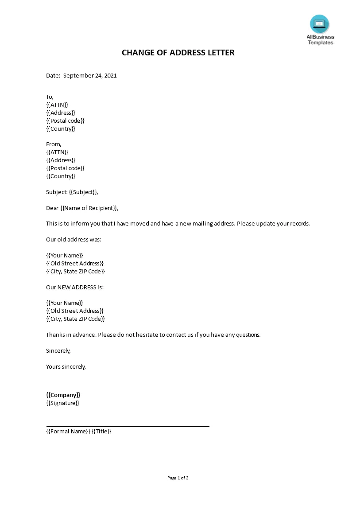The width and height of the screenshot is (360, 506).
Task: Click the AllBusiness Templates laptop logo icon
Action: click(x=319, y=24)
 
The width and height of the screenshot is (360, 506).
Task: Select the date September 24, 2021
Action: click(x=90, y=75)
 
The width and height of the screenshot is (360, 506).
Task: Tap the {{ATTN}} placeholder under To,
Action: click(x=57, y=105)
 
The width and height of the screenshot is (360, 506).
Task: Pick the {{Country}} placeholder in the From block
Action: click(x=61, y=176)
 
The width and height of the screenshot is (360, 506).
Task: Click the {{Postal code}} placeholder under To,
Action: click(x=65, y=121)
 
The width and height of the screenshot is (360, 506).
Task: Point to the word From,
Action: click(x=54, y=144)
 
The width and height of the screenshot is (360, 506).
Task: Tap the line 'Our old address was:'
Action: click(x=74, y=239)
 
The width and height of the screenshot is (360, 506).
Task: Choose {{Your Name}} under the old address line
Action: click(x=65, y=255)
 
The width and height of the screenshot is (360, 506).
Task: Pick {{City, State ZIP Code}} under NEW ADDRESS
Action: click(x=75, y=319)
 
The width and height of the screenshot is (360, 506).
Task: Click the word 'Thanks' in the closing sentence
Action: click(x=55, y=335)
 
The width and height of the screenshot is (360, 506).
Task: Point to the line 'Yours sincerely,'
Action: click(x=66, y=366)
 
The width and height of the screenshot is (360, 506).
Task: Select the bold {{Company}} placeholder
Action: click(x=63, y=395)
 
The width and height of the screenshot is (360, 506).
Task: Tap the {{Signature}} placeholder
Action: click(x=62, y=403)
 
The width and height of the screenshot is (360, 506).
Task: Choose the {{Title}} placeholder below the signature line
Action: click(x=101, y=431)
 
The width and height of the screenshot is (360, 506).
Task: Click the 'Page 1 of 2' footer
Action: click(x=178, y=478)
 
